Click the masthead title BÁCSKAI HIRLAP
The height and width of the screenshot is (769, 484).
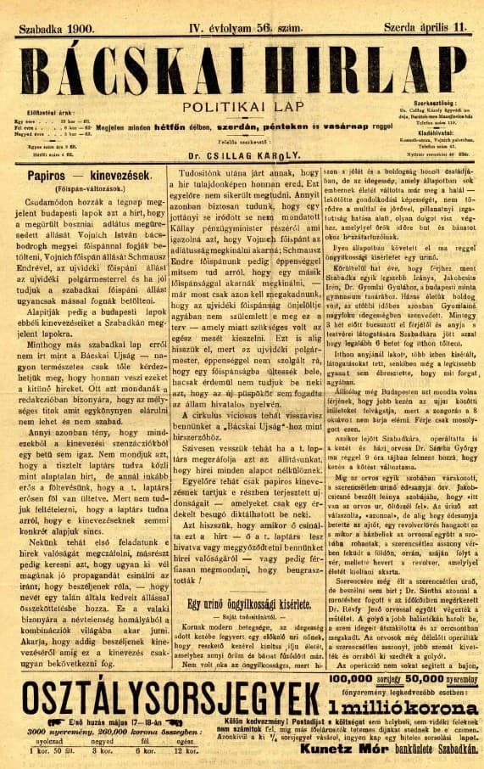pyautogui.click(x=242, y=65)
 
